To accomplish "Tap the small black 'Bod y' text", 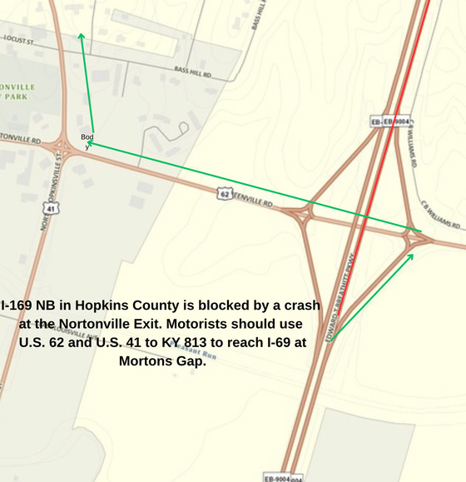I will [x=87, y=140].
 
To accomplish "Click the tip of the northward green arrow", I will [x=81, y=35].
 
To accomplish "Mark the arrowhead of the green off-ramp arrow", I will [x=412, y=255].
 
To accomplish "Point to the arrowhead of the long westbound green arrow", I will [x=87, y=142].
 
